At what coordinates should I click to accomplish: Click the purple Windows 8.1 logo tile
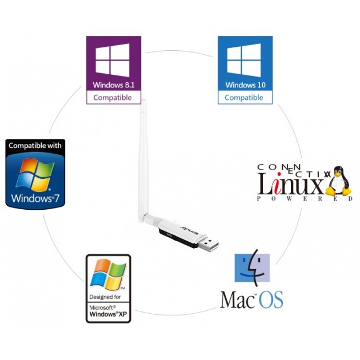113,63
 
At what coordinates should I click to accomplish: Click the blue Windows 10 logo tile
245,63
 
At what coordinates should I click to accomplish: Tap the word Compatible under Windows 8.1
113,98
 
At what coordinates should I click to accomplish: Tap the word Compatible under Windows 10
245,98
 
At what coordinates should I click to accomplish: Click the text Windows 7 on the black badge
35,199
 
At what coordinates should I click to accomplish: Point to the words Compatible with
35,146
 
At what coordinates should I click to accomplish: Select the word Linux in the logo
291,183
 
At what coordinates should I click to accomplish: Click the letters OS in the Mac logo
271,299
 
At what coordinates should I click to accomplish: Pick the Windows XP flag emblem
109,274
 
